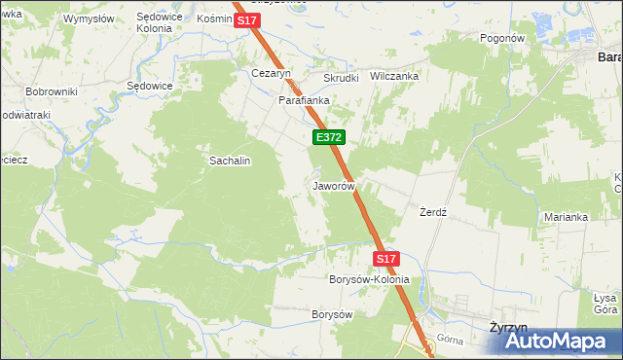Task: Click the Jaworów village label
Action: point(332,185)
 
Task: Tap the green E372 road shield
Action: point(326,139)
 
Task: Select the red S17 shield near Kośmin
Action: point(246,19)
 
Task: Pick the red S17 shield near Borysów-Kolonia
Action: point(386,259)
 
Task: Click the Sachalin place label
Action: point(231,161)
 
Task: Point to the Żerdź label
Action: point(432,212)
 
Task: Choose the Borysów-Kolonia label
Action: point(370,279)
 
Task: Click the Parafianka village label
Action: point(305,100)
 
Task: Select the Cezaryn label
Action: point(272,73)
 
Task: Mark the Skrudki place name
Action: point(342,78)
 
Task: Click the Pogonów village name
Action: point(502,38)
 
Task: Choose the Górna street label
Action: point(450,340)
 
